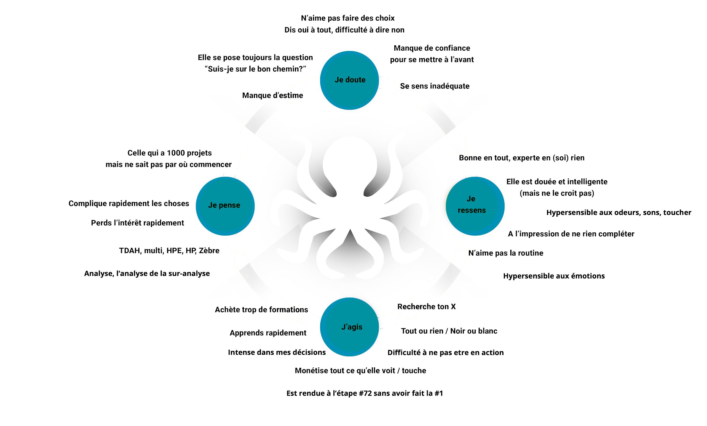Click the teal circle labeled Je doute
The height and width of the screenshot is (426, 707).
[349, 80]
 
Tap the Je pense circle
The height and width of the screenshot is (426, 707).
[225, 206]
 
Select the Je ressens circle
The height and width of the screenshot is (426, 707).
[475, 206]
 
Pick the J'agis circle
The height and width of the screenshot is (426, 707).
[349, 327]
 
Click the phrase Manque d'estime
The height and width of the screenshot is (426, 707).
[272, 95]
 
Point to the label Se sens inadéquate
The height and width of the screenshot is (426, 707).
[435, 86]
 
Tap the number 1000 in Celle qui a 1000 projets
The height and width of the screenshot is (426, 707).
[176, 153]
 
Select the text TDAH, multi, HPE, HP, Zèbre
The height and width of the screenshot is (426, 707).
[169, 251]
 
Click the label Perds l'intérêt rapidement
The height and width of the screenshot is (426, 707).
[138, 223]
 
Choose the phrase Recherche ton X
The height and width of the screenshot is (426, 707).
[426, 307]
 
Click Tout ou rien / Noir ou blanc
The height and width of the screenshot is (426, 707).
[449, 331]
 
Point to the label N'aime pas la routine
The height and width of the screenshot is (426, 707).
[506, 253]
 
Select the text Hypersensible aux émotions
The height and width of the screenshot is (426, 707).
[554, 276]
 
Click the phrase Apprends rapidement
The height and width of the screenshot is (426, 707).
[268, 333]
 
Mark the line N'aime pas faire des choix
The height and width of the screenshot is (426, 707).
[348, 18]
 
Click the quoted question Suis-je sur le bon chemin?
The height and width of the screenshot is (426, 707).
[255, 69]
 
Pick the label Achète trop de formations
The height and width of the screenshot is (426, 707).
[262, 310]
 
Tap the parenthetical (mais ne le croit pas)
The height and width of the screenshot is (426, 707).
[557, 193]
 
